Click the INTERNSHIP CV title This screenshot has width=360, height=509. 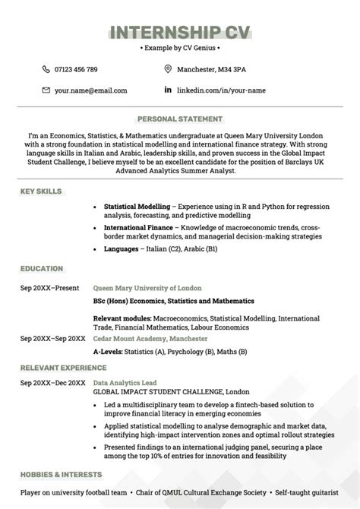[180, 31]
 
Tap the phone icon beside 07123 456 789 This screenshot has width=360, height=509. [46, 69]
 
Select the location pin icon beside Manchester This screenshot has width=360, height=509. [168, 69]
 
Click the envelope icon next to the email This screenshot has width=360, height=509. [46, 90]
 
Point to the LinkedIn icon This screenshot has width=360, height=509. [168, 90]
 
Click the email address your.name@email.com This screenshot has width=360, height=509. [90, 90]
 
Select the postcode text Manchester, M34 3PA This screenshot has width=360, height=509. [211, 69]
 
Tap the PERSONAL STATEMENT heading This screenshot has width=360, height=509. [180, 119]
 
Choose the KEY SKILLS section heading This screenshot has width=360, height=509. [41, 191]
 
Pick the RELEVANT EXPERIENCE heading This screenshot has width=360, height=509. [63, 368]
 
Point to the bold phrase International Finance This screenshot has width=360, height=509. [137, 227]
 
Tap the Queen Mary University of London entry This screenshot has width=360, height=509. [147, 289]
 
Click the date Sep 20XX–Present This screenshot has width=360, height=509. [50, 289]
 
